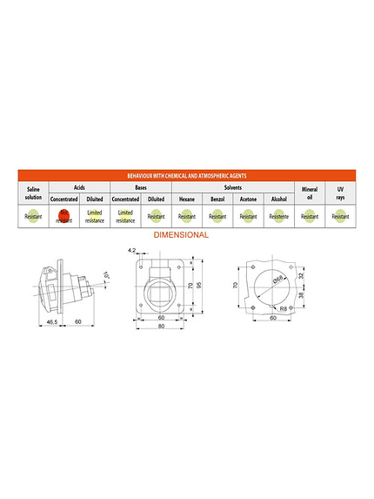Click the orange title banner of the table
tap(187, 175)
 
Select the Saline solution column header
tap(33, 192)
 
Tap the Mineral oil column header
tap(309, 192)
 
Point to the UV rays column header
tap(341, 192)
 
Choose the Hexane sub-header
tap(186, 199)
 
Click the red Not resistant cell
tap(63, 218)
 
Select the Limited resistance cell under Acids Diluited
tap(95, 218)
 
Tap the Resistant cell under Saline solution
tap(33, 218)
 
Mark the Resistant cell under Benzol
tap(217, 218)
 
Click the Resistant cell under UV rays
tap(341, 218)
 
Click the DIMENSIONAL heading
tap(180, 235)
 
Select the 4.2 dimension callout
tap(131, 251)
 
